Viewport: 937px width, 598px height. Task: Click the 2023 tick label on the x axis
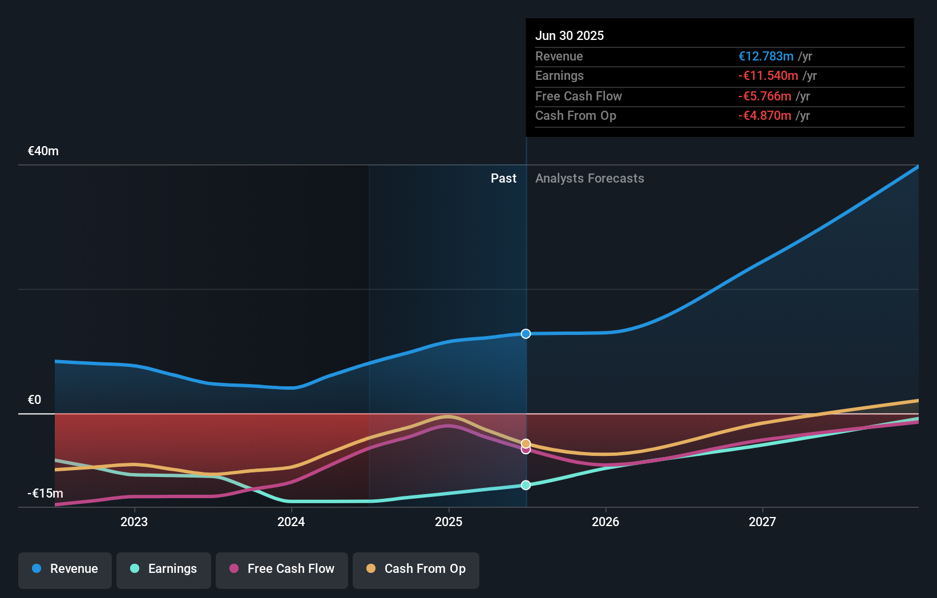(134, 522)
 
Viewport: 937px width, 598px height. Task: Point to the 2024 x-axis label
(291, 522)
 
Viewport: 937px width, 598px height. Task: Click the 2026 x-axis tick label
(605, 522)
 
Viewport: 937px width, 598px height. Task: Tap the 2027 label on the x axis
(762, 522)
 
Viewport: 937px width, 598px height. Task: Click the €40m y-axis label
(43, 151)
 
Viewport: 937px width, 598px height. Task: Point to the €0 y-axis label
(35, 400)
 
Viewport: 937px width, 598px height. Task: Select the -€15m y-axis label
(46, 494)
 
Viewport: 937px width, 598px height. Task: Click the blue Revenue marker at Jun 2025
(526, 334)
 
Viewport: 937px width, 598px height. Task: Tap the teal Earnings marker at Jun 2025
(526, 485)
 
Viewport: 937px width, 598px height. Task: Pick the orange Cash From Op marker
(526, 443)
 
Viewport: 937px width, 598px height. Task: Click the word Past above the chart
(503, 179)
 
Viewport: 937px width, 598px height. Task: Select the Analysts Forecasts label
(589, 179)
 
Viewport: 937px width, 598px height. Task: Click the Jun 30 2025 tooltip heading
(570, 36)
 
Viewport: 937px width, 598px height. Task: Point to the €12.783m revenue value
(766, 56)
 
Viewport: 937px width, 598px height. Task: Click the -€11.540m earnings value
(768, 76)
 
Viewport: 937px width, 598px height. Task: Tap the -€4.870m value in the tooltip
(765, 116)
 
